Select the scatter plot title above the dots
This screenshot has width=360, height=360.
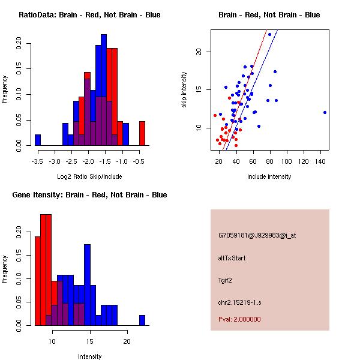[x=269, y=15]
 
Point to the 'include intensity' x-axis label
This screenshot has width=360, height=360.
[x=269, y=176]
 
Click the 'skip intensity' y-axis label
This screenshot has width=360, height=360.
[x=184, y=90]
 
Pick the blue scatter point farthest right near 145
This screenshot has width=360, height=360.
[x=325, y=112]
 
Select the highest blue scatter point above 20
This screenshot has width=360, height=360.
[x=269, y=34]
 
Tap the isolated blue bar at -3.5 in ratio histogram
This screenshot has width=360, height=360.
[x=38, y=140]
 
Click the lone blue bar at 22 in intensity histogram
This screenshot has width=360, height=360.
[x=142, y=320]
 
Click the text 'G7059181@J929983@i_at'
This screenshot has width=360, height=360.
[x=257, y=235]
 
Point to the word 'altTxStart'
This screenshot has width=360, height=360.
[x=232, y=258]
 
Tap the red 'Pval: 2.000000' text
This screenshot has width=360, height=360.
[x=239, y=319]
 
